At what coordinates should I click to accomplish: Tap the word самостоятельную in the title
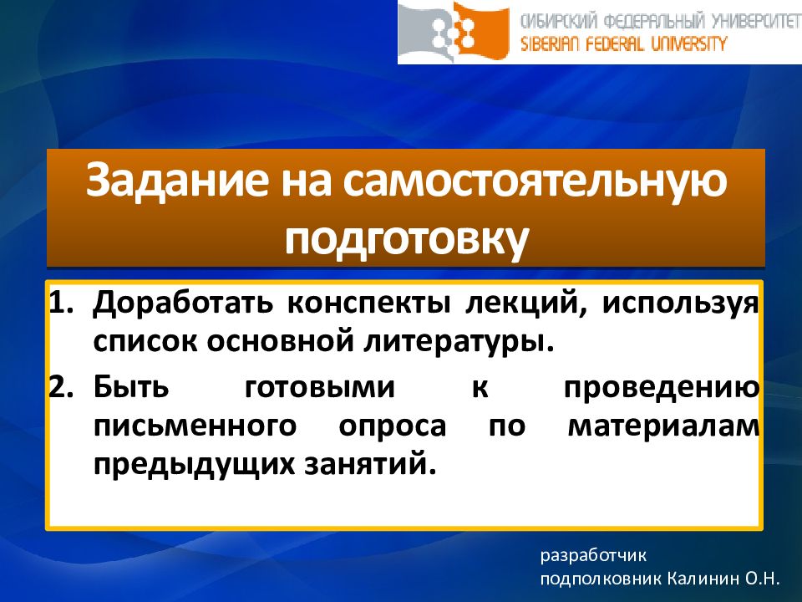(x=535, y=181)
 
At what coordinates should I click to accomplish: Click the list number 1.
(x=61, y=303)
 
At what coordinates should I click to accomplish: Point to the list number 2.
(x=61, y=387)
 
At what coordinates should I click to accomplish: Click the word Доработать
(x=183, y=303)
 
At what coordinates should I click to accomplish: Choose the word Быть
(x=131, y=387)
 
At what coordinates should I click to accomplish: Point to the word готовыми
(x=320, y=387)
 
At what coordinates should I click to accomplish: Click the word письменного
(x=195, y=426)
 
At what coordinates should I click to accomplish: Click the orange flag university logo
(x=454, y=32)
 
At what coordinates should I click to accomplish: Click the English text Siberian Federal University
(x=623, y=44)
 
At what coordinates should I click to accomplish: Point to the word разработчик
(x=593, y=556)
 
